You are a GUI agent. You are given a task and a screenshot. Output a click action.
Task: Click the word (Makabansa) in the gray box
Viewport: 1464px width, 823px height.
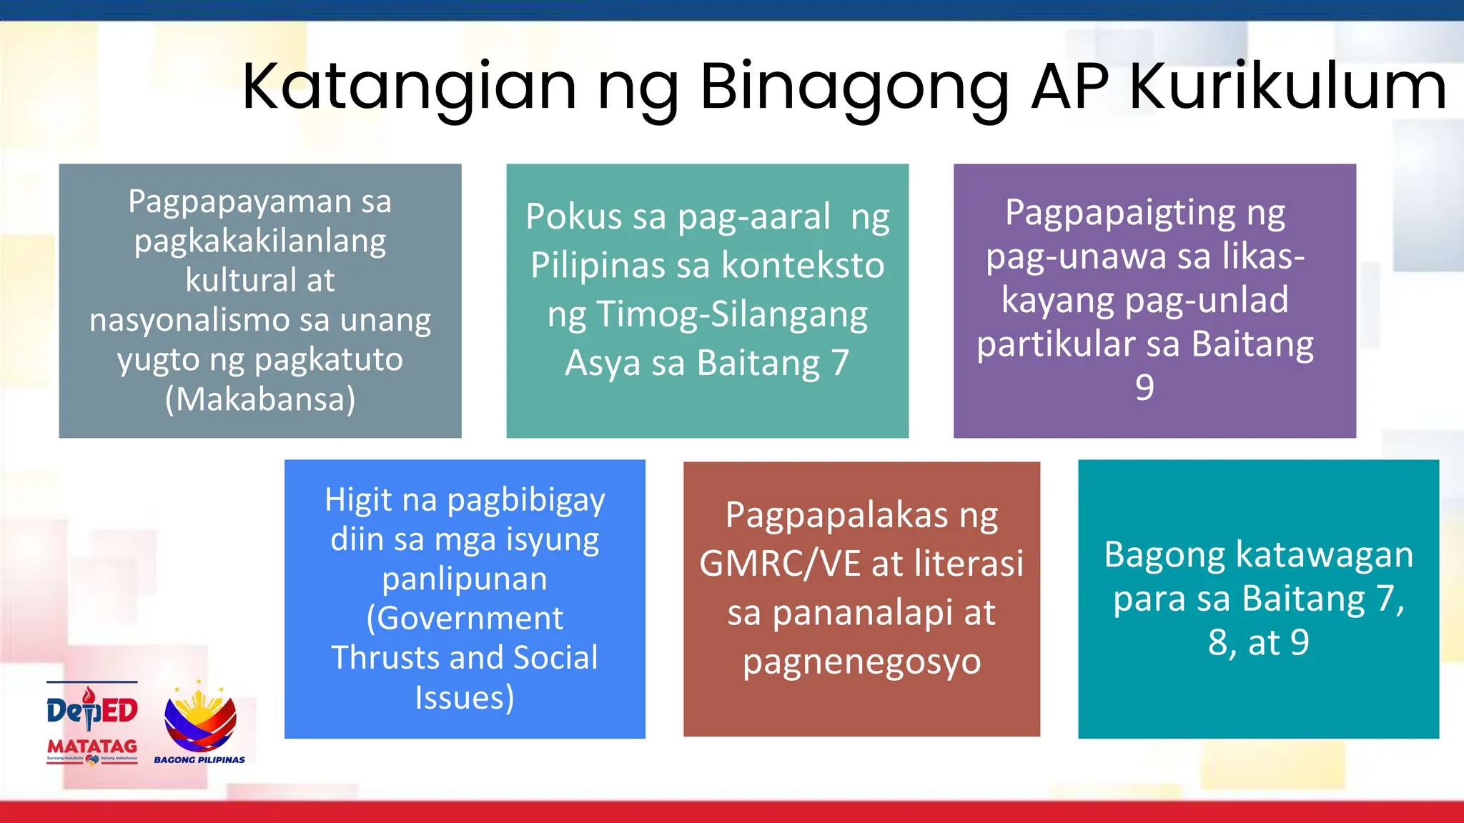260,399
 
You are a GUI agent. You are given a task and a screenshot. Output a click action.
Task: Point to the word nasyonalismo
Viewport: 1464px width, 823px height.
190,320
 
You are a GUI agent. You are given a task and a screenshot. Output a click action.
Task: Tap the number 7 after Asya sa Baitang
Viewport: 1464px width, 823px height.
839,363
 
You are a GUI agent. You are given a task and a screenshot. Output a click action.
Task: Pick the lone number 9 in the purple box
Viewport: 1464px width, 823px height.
1144,388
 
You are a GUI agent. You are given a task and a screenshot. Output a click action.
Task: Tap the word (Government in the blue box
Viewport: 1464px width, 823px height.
465,618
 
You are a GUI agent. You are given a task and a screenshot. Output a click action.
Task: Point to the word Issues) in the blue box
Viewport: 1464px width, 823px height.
465,697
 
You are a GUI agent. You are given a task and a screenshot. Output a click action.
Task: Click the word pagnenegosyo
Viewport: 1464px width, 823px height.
861,662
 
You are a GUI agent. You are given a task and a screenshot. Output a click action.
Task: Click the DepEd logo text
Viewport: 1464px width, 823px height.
92,709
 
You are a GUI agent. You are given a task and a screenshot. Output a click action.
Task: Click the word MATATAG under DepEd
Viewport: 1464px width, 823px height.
92,746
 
